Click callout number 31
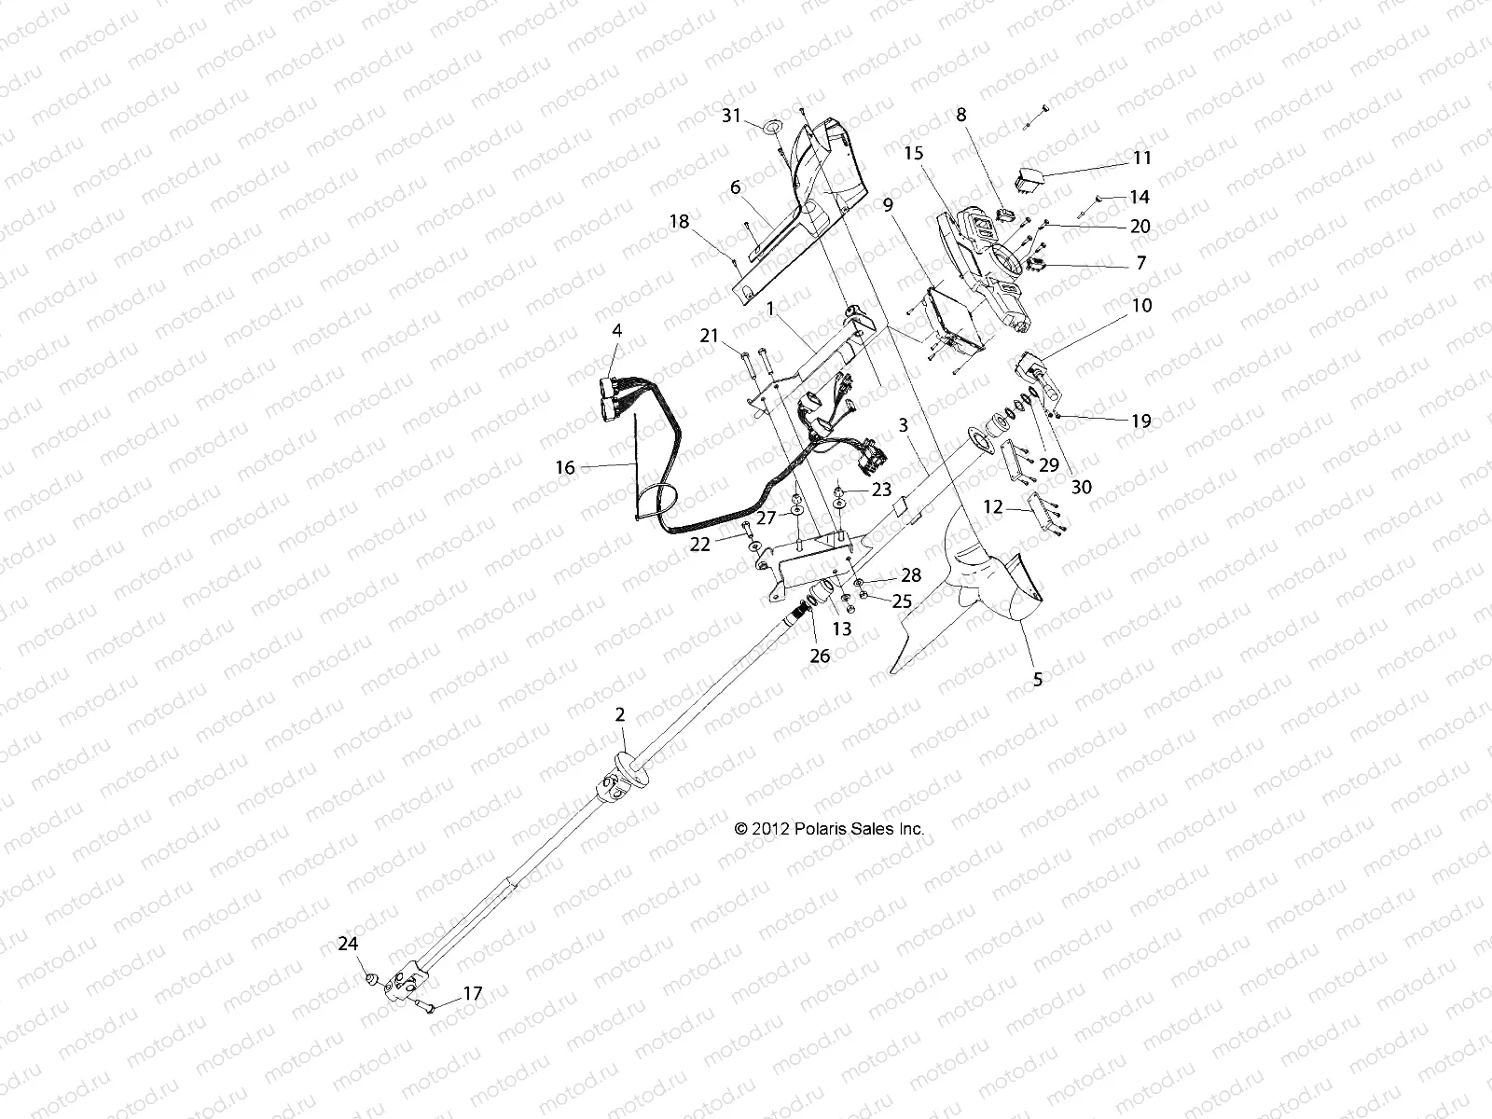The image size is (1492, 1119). pos(732,116)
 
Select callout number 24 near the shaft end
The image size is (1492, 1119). pos(348,944)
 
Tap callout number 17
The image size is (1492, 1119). pos(473,994)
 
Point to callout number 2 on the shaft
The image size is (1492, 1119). pos(620,716)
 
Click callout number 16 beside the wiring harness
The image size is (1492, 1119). pos(565,467)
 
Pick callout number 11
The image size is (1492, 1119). pos(1141,158)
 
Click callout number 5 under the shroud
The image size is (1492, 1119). pos(1038,680)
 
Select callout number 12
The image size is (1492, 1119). pos(993,507)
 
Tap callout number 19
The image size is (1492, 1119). pos(1141,421)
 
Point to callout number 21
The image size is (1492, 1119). pos(711,336)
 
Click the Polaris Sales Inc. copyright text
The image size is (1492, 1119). pos(829,828)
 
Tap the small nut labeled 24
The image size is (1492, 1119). pos(371,979)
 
